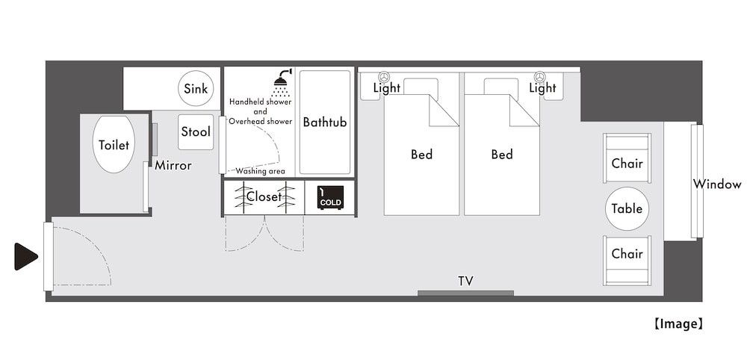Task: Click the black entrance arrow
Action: click(25, 257)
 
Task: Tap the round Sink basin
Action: click(196, 88)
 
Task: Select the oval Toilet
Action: click(114, 144)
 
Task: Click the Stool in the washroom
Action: click(196, 132)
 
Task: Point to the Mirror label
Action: click(173, 166)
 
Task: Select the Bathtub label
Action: click(325, 122)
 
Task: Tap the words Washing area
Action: click(260, 172)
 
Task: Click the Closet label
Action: click(264, 196)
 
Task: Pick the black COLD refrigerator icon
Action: click(330, 198)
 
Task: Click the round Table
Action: click(627, 209)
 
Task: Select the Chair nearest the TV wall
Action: click(627, 261)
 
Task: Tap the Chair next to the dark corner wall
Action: click(627, 158)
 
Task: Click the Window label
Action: click(717, 184)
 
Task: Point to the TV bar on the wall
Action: click(465, 294)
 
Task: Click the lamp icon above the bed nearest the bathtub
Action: click(384, 77)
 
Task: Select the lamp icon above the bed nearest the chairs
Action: click(539, 77)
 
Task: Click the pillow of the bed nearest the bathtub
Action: click(421, 87)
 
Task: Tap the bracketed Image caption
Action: click(678, 324)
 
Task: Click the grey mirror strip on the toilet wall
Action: click(155, 140)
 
